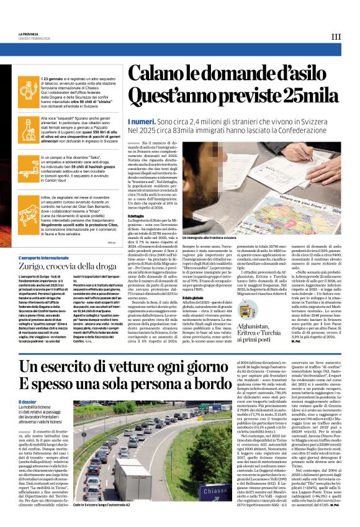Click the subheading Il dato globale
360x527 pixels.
tap(209, 299)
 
